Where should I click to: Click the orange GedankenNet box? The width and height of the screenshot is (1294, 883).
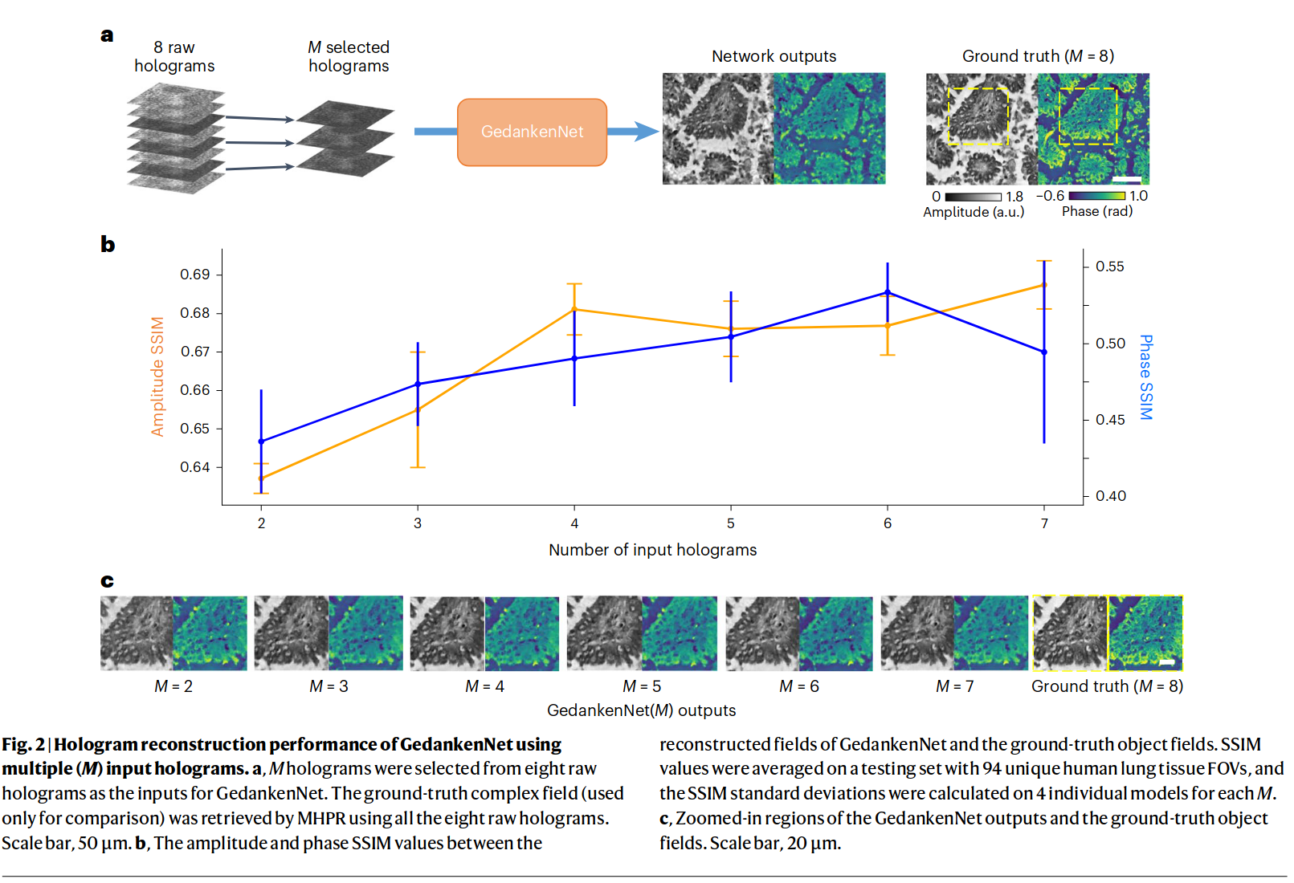click(532, 132)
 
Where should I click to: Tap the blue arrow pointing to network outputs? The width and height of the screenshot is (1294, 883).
click(635, 132)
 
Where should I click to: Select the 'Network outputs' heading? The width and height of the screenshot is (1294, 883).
click(774, 56)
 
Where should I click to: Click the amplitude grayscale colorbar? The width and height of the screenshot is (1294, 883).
click(973, 197)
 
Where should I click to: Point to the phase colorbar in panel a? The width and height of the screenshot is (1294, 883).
click(1096, 196)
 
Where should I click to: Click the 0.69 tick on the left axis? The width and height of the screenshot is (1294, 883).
click(194, 275)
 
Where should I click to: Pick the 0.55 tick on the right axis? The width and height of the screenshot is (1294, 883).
click(1110, 267)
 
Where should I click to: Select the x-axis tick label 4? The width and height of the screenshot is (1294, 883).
click(574, 523)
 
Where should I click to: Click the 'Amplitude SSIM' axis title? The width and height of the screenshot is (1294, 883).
click(157, 376)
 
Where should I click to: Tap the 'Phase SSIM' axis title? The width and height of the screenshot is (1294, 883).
click(1146, 377)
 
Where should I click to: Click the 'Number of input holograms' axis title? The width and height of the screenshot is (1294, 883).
click(652, 550)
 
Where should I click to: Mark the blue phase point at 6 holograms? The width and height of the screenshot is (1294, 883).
click(888, 293)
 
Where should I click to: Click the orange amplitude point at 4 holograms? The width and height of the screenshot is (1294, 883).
click(574, 309)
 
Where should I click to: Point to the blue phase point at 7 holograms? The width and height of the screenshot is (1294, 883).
click(1044, 352)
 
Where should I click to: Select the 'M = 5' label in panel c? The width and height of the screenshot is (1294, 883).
click(642, 686)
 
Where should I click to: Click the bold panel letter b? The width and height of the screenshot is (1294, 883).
click(108, 244)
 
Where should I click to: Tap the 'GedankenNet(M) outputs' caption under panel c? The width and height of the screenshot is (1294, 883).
click(641, 710)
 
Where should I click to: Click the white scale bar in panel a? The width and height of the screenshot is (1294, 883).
click(1127, 179)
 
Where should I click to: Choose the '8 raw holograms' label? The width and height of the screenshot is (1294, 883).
click(174, 56)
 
